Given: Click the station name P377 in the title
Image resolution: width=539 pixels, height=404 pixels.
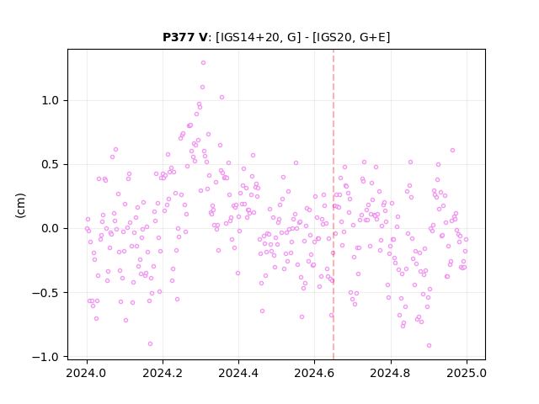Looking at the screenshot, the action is pos(179,37).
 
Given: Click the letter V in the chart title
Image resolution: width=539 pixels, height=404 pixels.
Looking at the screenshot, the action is pos(203,37).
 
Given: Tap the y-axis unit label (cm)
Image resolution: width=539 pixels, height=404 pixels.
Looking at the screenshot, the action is pos(20,205).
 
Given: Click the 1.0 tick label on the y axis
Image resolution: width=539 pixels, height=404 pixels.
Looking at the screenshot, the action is pos(51,101).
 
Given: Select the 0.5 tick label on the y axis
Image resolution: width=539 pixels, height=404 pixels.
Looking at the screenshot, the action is pos(51,165).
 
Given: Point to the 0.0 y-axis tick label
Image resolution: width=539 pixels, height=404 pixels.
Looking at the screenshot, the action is pos(51,228).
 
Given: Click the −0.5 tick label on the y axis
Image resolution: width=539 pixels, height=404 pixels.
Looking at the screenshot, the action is pos(45,293).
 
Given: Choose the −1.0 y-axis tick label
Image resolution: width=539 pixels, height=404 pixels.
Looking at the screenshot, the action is pos(45,357).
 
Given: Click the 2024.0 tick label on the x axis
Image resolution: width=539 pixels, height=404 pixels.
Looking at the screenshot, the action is pos(87,373).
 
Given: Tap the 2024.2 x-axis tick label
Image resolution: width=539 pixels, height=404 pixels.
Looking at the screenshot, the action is pos(163,373).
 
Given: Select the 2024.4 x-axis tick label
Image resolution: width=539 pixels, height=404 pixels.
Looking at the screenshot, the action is pos(238,373).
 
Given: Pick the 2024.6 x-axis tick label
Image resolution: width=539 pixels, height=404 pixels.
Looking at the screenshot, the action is pos(314,373).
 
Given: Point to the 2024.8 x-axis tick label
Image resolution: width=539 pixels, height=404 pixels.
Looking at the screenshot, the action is pos(391,373).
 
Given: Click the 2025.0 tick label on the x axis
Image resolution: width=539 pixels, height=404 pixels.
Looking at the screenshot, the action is pos(467,373).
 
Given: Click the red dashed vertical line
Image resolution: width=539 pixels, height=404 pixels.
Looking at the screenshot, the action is pos(334,205).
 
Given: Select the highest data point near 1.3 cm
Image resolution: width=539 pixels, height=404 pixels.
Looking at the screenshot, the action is pos(204,63).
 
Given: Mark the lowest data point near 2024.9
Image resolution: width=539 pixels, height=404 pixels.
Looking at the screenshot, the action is pos(429,346).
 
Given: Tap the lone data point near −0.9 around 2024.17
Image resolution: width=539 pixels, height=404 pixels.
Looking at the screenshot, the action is pos(150,344).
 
